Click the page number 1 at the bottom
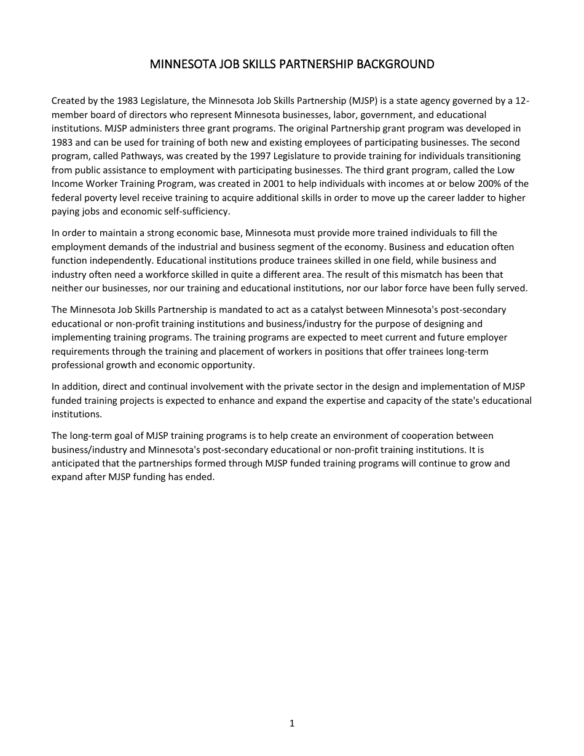pos(292,723)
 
